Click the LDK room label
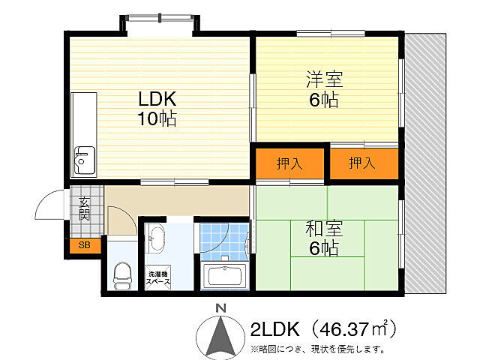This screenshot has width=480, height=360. pos(157,99)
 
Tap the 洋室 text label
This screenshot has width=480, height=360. pos(325,79)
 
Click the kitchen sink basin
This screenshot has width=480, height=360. pos(85,160)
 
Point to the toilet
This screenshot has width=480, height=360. pos(122,275)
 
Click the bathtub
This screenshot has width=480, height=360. pos(224,277)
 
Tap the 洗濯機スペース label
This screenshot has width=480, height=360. pos(158,278)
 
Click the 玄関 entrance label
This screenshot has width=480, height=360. pos(84,208)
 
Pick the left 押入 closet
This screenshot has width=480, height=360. pos(289,163)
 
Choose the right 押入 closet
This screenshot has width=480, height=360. pos(364,163)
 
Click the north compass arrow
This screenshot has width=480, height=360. pos(220,336)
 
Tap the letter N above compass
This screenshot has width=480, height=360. pos(220,308)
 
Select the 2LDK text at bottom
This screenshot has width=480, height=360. pos(274,329)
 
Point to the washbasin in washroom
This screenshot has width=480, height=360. pos(155,238)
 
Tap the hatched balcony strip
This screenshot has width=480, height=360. pos(425,163)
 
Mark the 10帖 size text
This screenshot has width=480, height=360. pos(157,118)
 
